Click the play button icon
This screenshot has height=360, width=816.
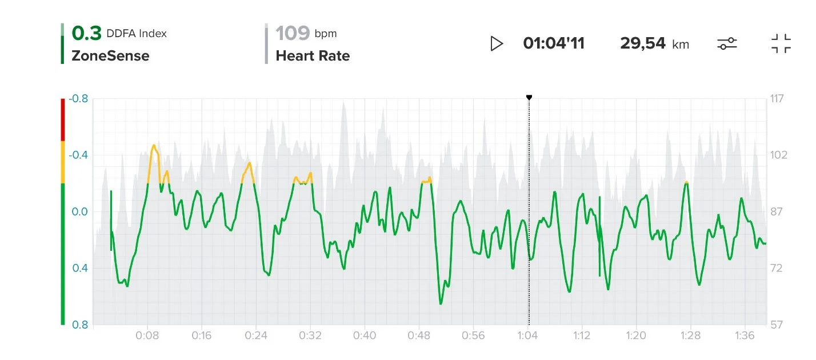click(x=497, y=43)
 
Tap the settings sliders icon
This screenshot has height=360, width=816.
click(x=727, y=43)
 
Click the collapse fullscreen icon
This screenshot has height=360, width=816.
click(x=781, y=43)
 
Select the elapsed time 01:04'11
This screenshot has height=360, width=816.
click(x=554, y=43)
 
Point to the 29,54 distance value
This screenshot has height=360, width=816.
click(x=643, y=43)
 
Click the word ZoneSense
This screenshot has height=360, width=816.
click(x=110, y=56)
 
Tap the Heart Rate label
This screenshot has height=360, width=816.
click(x=313, y=56)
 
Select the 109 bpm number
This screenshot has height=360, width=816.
click(x=293, y=34)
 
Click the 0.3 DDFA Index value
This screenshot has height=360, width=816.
click(x=86, y=34)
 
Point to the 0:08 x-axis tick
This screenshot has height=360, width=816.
click(x=147, y=335)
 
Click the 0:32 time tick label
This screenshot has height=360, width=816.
click(x=311, y=335)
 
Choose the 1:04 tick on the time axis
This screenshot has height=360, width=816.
click(x=527, y=335)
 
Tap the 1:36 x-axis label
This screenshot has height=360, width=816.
click(x=745, y=335)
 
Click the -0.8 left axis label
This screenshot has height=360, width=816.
click(x=78, y=99)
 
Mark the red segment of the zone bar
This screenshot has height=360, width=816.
click(x=62, y=119)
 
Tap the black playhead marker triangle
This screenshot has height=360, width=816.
click(x=529, y=98)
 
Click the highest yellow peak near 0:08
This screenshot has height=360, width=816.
click(x=154, y=146)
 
